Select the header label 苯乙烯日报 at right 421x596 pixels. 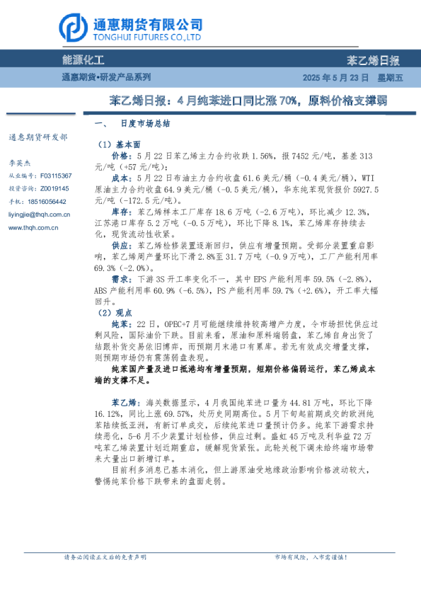tap(374, 61)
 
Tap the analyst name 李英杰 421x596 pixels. tap(20, 162)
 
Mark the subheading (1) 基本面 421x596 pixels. tap(114, 144)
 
